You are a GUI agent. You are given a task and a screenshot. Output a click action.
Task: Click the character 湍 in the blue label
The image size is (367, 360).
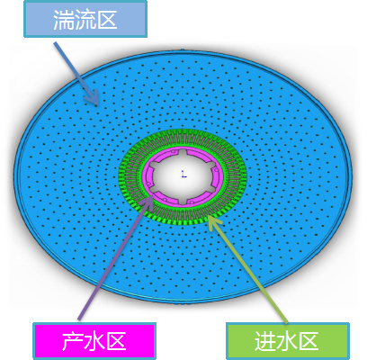pyautogui.click(x=64, y=20)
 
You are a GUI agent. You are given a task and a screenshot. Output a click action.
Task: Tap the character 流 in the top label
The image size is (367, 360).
pyautogui.click(x=85, y=20)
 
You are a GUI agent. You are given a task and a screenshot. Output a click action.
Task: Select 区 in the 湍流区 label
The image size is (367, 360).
pyautogui.click(x=106, y=20)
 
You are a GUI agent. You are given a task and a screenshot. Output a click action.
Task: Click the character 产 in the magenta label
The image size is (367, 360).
pyautogui.click(x=72, y=341)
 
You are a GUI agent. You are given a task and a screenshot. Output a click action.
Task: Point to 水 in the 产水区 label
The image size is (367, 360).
pyautogui.click(x=94, y=341)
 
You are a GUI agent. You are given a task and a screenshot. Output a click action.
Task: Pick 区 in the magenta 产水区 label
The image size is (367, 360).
pyautogui.click(x=115, y=341)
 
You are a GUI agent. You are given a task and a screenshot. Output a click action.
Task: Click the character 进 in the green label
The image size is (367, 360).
pyautogui.click(x=265, y=341)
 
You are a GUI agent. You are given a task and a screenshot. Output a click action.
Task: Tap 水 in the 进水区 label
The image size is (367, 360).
pyautogui.click(x=287, y=341)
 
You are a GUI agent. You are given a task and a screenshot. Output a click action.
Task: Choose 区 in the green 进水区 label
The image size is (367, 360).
pyautogui.click(x=309, y=341)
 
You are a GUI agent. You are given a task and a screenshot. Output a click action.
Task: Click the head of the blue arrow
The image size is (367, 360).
pyautogui.click(x=97, y=104)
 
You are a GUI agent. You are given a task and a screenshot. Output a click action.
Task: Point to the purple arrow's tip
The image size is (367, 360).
pyautogui.click(x=152, y=195)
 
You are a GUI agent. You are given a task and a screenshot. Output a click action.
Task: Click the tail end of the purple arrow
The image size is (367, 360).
pyautogui.click(x=79, y=319)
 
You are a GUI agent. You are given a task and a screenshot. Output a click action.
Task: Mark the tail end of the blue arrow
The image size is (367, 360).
pyautogui.click(x=55, y=43)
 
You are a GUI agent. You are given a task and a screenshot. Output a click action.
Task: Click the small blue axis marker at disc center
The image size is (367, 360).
pyautogui.click(x=183, y=174)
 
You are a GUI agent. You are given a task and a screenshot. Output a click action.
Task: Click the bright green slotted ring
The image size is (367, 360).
pyautogui.click(x=183, y=219)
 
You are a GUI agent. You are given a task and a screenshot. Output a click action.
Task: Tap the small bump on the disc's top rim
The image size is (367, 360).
pyautogui.click(x=182, y=49)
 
